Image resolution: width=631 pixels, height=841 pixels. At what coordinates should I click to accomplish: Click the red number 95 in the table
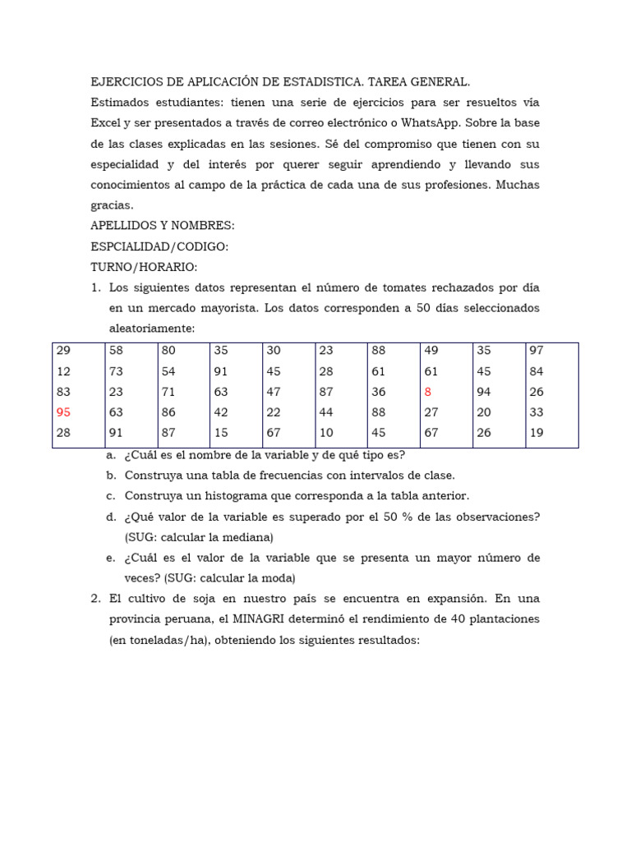click(63, 412)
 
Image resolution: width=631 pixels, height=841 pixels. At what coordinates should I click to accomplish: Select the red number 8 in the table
click(427, 392)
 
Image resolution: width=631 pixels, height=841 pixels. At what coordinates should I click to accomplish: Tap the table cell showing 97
click(537, 350)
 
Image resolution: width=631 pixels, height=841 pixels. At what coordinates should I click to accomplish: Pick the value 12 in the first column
click(63, 371)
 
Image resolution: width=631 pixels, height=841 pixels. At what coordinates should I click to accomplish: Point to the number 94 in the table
click(484, 392)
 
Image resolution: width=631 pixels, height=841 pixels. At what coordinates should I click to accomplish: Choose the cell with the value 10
click(326, 433)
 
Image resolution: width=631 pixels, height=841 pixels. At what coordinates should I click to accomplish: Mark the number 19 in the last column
click(537, 433)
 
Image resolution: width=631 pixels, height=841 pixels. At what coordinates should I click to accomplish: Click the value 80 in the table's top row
click(168, 350)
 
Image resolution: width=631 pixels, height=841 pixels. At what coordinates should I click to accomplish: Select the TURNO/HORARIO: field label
click(144, 267)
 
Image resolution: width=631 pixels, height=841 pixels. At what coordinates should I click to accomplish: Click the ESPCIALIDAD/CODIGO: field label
click(159, 246)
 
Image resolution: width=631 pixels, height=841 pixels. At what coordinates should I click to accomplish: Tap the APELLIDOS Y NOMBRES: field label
click(162, 226)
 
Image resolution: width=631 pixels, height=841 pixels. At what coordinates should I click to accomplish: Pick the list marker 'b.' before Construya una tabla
click(111, 476)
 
